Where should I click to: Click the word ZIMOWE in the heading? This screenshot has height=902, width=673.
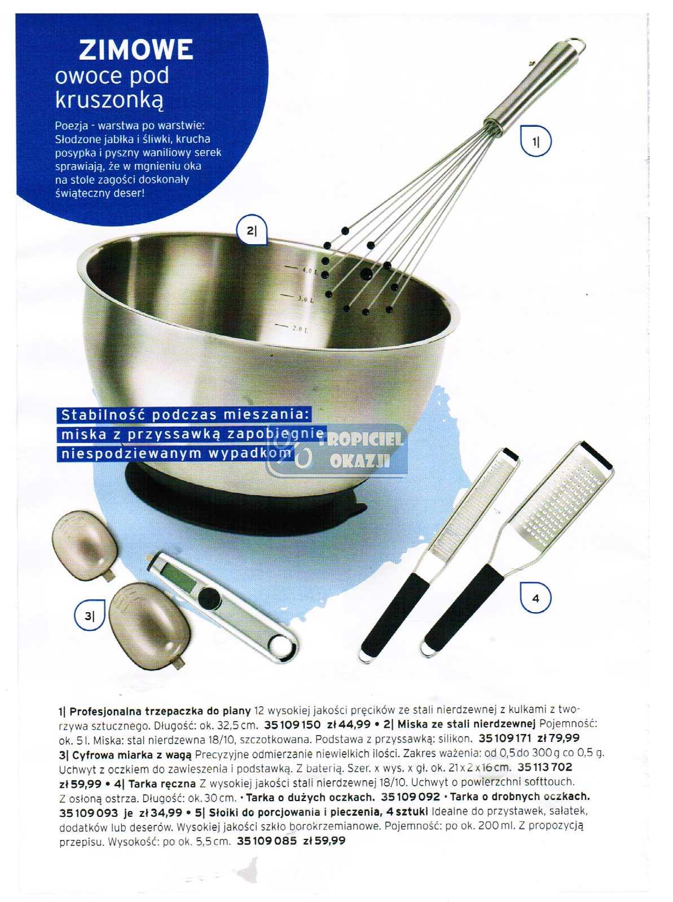(135, 50)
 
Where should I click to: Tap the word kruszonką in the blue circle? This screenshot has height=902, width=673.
(109, 99)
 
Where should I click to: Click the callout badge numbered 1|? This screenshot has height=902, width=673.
(535, 142)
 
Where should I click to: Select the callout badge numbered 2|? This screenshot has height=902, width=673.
(251, 231)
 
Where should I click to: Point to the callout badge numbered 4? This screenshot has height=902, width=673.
(535, 598)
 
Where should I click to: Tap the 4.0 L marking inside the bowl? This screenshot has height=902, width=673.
(301, 270)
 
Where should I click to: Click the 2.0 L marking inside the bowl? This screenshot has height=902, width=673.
(293, 328)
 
